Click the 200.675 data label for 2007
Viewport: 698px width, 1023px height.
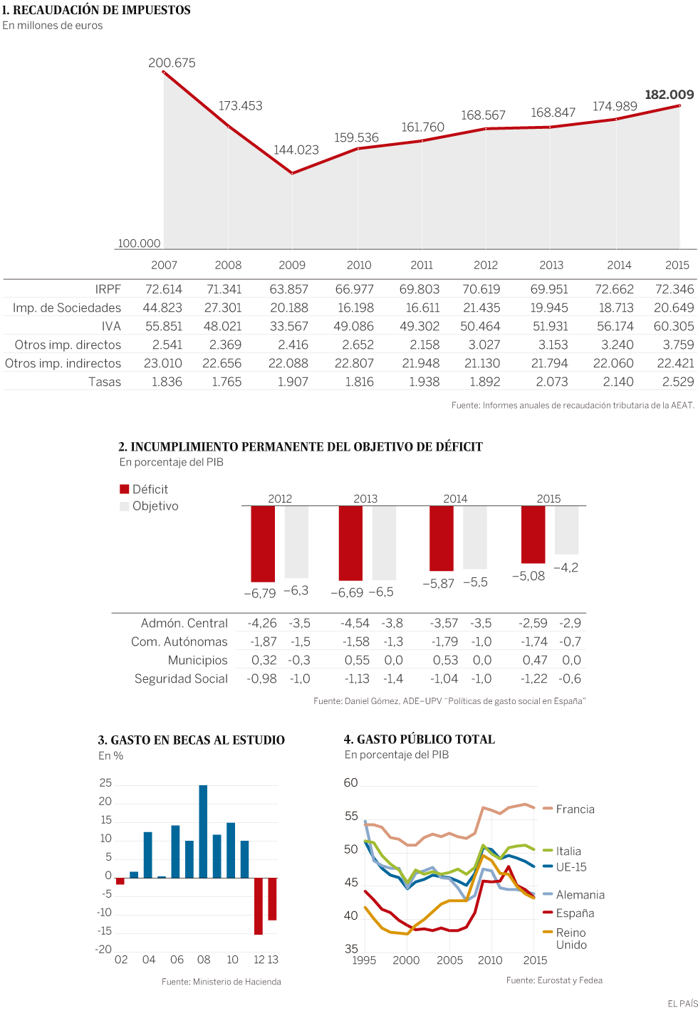click(x=172, y=63)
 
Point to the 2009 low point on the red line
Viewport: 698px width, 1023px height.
click(x=292, y=173)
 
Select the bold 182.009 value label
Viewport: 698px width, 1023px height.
click(x=669, y=95)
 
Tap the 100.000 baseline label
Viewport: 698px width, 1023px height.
click(x=139, y=243)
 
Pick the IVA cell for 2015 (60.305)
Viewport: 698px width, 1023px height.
click(x=673, y=326)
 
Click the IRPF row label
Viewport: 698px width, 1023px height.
click(x=108, y=289)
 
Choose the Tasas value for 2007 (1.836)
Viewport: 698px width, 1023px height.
click(x=167, y=382)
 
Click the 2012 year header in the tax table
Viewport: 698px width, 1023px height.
click(x=486, y=265)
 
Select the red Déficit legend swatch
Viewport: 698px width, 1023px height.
click(x=125, y=489)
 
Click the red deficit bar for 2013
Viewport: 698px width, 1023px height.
click(x=350, y=542)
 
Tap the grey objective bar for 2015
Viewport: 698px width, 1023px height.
click(x=567, y=530)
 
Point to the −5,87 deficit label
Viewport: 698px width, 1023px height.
click(x=438, y=583)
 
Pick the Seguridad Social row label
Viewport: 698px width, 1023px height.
click(x=181, y=678)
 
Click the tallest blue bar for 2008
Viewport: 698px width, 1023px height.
click(x=203, y=831)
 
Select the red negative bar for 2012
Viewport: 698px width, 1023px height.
click(x=259, y=906)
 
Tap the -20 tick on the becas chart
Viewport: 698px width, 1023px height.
click(x=103, y=949)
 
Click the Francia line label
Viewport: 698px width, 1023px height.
click(x=575, y=809)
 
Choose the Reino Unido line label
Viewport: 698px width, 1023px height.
click(x=571, y=938)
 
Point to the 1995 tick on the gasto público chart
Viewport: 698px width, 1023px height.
click(x=365, y=960)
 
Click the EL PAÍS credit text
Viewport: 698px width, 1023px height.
click(x=682, y=1004)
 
